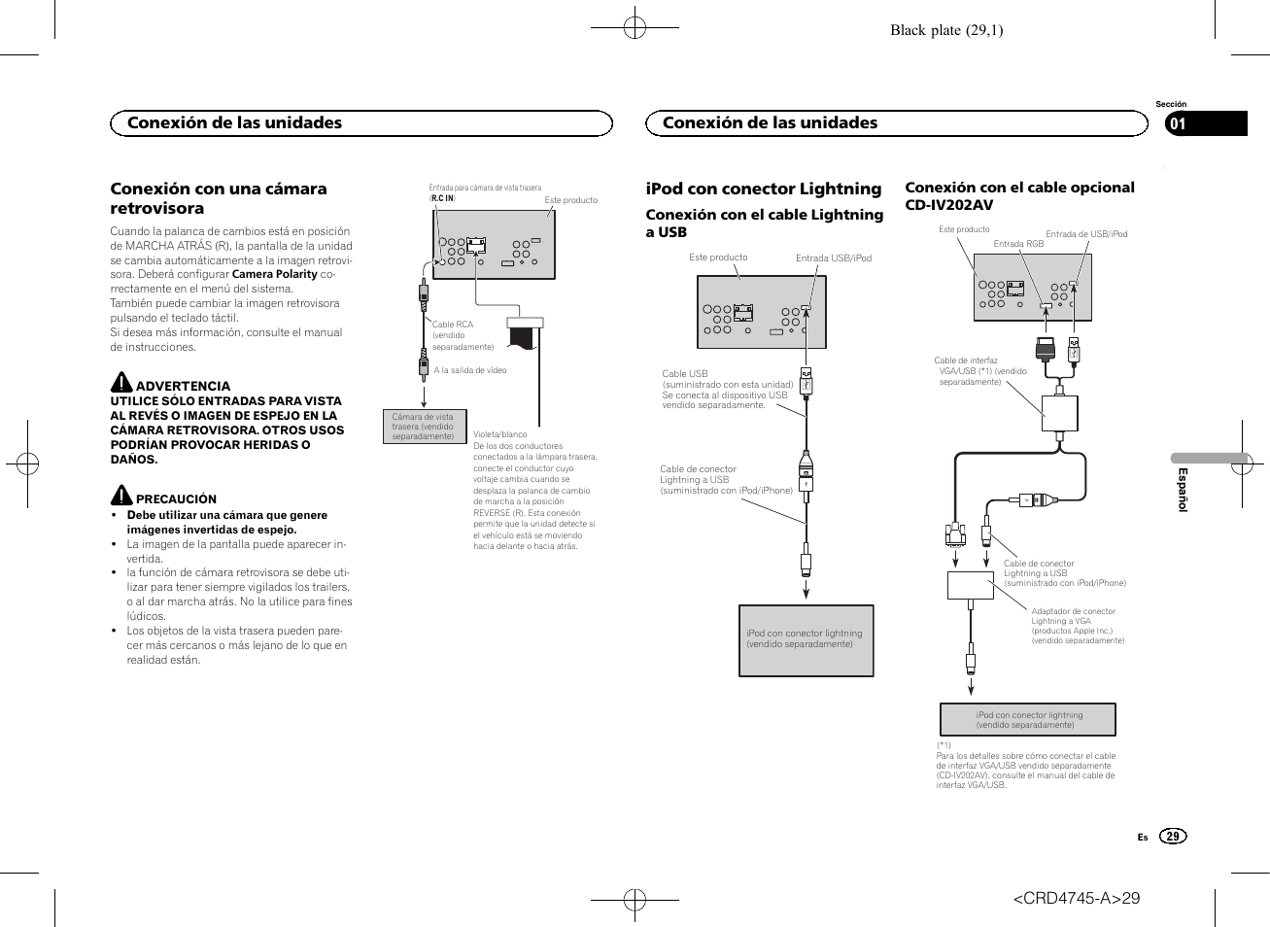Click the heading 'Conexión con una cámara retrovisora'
click(x=219, y=198)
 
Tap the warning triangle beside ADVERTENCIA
click(x=120, y=382)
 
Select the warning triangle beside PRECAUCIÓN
click(x=120, y=495)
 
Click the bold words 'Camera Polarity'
click(x=275, y=274)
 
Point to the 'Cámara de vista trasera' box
click(x=423, y=427)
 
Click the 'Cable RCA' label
click(x=453, y=325)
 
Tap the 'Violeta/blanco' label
click(x=499, y=434)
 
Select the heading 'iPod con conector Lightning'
click(x=764, y=189)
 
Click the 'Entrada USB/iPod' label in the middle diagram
click(x=834, y=258)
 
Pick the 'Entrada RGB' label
click(x=1018, y=244)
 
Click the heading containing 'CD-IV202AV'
click(x=1019, y=195)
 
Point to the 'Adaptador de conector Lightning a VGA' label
click(x=1074, y=616)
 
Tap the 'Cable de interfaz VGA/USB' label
click(x=979, y=371)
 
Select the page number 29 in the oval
click(x=1173, y=837)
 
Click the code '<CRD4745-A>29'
click(x=1076, y=898)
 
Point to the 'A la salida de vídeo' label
click(x=470, y=370)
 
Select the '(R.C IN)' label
click(x=442, y=198)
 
